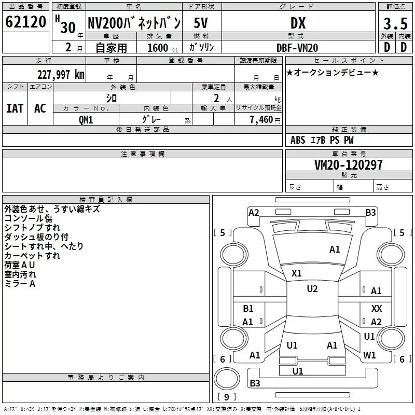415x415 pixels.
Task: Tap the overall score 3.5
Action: pos(395,24)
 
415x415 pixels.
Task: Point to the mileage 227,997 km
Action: pos(60,74)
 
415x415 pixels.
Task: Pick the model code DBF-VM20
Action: pos(297,47)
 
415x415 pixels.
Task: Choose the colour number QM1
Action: pos(86,119)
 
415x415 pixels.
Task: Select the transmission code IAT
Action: pos(15,108)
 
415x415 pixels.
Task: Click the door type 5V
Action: pos(202,23)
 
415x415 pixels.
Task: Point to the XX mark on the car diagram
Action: pos(377,308)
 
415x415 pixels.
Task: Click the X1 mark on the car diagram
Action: pos(297,273)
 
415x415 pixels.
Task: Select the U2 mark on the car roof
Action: pos(312,289)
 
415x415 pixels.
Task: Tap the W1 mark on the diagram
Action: pos(369,355)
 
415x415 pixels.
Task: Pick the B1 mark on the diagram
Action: pos(248,309)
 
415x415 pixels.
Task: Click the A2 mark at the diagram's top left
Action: pos(254,212)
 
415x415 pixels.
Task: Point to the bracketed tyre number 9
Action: pos(226,397)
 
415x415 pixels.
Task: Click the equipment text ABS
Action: pos(298,140)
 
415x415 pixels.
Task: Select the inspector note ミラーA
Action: pos(20,284)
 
